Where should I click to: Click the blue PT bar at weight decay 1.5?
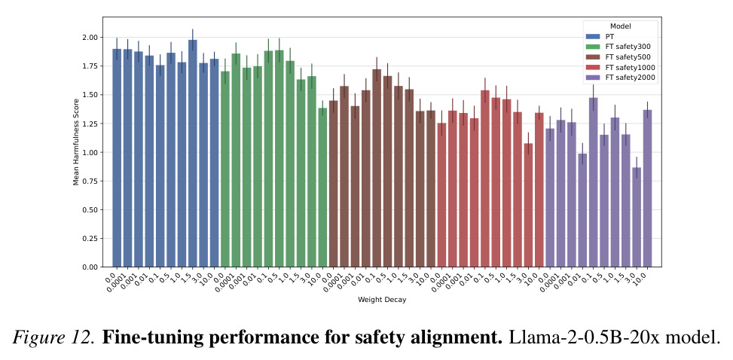pyautogui.click(x=193, y=154)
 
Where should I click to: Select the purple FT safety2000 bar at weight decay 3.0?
pyautogui.click(x=637, y=217)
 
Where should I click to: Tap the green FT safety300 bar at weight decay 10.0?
pyautogui.click(x=322, y=188)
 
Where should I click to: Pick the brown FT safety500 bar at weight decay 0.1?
pyautogui.click(x=377, y=168)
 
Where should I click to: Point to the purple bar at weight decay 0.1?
pyautogui.click(x=593, y=182)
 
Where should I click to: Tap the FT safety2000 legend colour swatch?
pyautogui.click(x=593, y=78)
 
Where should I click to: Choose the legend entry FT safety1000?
pyautogui.click(x=621, y=68)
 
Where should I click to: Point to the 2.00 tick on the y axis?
pyautogui.click(x=90, y=38)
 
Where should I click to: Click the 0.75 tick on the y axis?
pyautogui.click(x=90, y=181)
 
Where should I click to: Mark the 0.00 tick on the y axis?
pyautogui.click(x=90, y=267)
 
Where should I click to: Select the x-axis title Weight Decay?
pyautogui.click(x=382, y=300)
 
